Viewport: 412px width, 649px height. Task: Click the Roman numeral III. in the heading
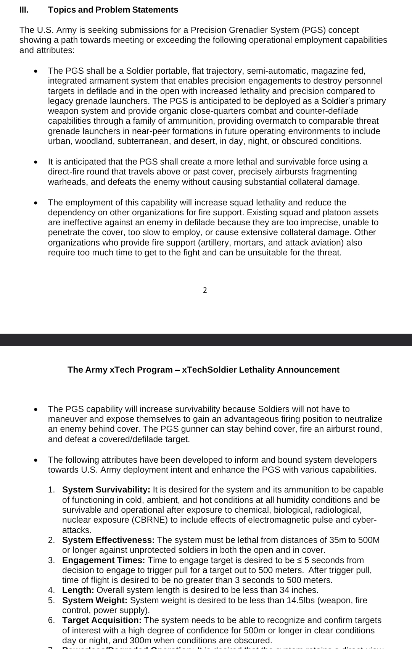point(24,10)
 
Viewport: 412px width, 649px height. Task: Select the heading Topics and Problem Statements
point(113,10)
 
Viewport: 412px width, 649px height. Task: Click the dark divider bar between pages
point(206,340)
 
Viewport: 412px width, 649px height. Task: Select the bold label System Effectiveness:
point(108,540)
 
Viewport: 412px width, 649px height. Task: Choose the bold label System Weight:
point(95,601)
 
